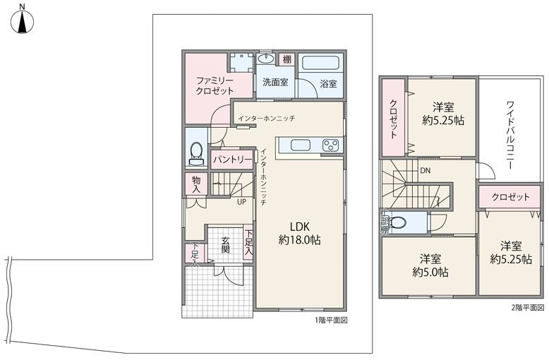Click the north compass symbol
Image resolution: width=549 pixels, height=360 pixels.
(22, 22)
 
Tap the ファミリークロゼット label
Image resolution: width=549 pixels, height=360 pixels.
(215, 85)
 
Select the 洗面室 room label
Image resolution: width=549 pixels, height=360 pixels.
(275, 83)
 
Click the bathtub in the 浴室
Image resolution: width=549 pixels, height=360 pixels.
(321, 63)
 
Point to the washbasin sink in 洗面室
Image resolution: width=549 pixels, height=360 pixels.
(267, 59)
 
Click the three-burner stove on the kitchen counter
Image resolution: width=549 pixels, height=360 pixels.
(331, 145)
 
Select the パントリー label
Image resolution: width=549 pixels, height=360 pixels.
(232, 160)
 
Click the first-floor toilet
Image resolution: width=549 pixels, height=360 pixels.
(196, 153)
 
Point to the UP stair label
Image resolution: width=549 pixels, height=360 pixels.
(241, 202)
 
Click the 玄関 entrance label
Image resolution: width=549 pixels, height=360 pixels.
(225, 245)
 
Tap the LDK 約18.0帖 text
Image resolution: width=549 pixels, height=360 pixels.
(300, 233)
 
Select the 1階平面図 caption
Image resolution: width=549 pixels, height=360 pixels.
(331, 320)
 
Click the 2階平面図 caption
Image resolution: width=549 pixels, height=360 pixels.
(527, 308)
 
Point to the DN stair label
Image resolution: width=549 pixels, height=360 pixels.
(425, 171)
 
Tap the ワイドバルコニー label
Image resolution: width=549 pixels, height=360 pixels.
(510, 135)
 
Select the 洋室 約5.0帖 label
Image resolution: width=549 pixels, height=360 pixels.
(430, 265)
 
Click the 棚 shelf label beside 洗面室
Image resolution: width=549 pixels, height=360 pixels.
(287, 59)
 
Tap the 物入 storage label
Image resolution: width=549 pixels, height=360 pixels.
(196, 184)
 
